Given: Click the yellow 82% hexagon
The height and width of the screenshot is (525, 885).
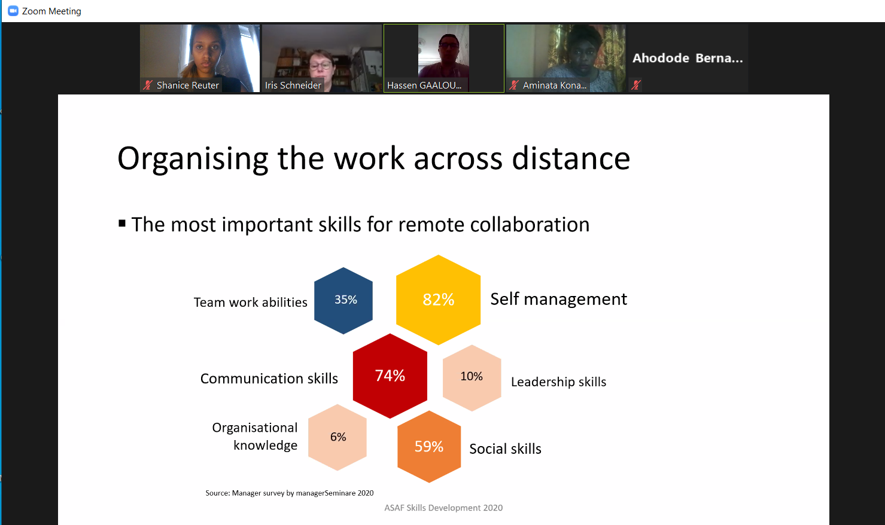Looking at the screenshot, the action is coord(438,300).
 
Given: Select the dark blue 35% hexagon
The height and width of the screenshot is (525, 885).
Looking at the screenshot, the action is coord(343,300).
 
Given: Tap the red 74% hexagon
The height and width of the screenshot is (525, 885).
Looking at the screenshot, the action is coord(390,376).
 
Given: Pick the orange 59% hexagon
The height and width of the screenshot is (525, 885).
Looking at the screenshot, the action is coord(429,447).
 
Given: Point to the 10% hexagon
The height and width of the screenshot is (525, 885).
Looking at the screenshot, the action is coord(472,378).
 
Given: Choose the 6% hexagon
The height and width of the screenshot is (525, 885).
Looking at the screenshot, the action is coord(337,437).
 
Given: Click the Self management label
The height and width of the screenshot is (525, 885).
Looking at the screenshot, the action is coord(559,299).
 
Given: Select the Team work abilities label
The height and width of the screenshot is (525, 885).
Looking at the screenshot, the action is coord(251,302).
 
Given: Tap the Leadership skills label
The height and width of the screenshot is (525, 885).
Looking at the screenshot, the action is coord(559,381).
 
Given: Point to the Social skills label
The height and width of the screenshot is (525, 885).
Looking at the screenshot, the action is coord(505,449).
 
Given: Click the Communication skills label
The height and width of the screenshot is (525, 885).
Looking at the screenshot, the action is coord(269,378).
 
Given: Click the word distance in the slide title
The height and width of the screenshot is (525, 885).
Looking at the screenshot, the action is coord(571,158).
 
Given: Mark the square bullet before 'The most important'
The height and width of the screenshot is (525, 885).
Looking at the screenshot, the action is coord(122,224).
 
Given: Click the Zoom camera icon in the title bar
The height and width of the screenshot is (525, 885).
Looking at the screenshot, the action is coord(13,11).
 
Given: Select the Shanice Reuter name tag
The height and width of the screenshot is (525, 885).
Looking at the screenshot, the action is coord(188,86).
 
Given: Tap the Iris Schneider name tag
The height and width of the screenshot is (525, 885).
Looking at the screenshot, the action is coord(293,86).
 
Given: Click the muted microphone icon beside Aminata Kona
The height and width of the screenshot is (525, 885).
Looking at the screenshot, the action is coord(514,85).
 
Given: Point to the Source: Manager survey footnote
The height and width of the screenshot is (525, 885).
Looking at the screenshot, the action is coord(290,493).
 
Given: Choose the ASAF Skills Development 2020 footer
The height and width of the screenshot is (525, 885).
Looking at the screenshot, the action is coord(443,508).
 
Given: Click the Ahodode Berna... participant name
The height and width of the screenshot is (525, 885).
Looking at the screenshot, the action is coord(688,58).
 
